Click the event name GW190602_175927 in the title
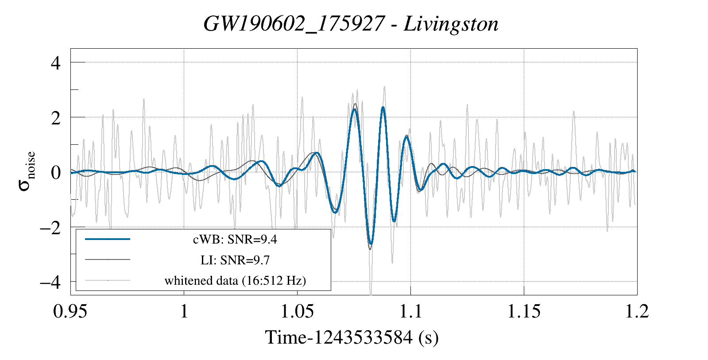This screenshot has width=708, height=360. tap(294, 23)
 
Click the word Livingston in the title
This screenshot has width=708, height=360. tap(451, 23)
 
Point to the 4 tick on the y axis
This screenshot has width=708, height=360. tap(55, 63)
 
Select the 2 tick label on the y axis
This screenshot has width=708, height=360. tap(55, 118)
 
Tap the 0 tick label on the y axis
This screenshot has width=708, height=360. tap(55, 172)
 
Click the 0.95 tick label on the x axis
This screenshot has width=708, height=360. tap(70, 311)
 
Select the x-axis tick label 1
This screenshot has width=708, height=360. tap(184, 311)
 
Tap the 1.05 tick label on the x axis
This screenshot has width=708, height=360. tap(297, 311)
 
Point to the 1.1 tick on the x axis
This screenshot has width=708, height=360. tap(410, 311)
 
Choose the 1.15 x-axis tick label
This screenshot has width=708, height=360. tap(524, 311)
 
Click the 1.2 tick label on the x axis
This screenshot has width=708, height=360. tap(637, 311)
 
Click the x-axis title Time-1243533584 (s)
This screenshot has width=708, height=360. tap(352, 337)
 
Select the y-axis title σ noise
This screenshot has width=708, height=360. tap(27, 171)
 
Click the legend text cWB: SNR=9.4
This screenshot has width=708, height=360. tap(235, 240)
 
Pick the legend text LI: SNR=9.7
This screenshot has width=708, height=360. tap(235, 260)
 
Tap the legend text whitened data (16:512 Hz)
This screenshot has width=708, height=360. tap(235, 280)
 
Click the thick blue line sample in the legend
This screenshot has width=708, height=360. tap(108, 239)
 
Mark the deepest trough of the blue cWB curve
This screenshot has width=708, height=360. tap(371, 244)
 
